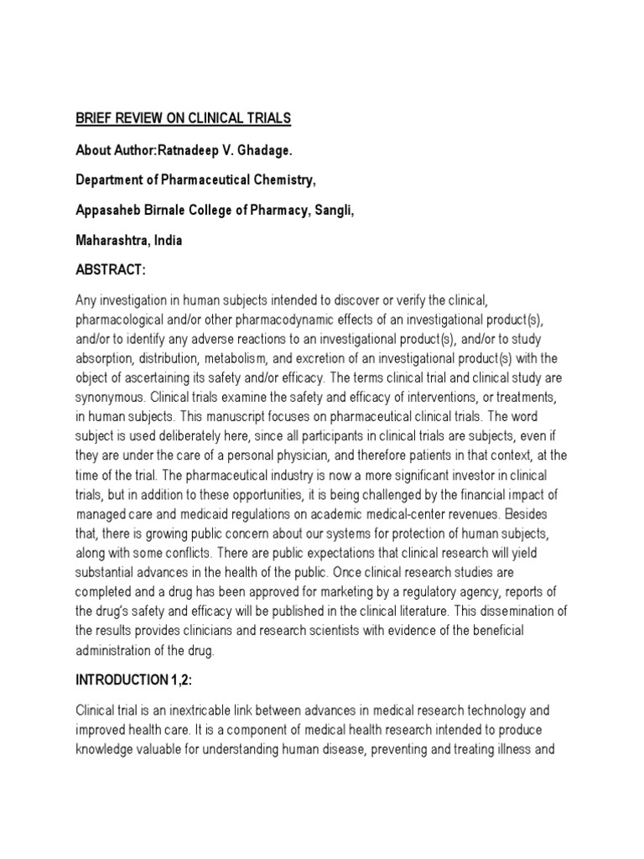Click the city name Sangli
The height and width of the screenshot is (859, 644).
tap(333, 210)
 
